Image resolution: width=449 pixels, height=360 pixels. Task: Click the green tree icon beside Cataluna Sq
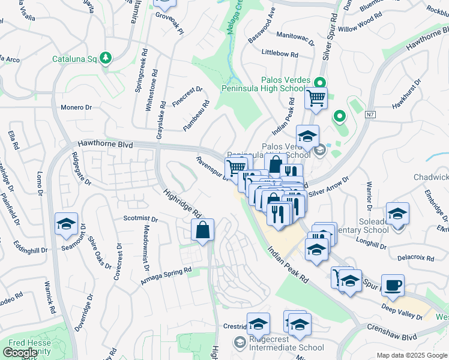pos(106,58)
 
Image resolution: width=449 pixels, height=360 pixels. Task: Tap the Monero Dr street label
pos(76,107)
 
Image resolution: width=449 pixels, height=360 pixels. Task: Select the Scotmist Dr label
pos(140,219)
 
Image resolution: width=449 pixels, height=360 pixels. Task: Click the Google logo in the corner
pos(20,353)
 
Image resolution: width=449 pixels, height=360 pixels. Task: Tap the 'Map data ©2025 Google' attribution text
pos(411,355)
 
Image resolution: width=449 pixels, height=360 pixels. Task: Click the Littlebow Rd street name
pos(280,53)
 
